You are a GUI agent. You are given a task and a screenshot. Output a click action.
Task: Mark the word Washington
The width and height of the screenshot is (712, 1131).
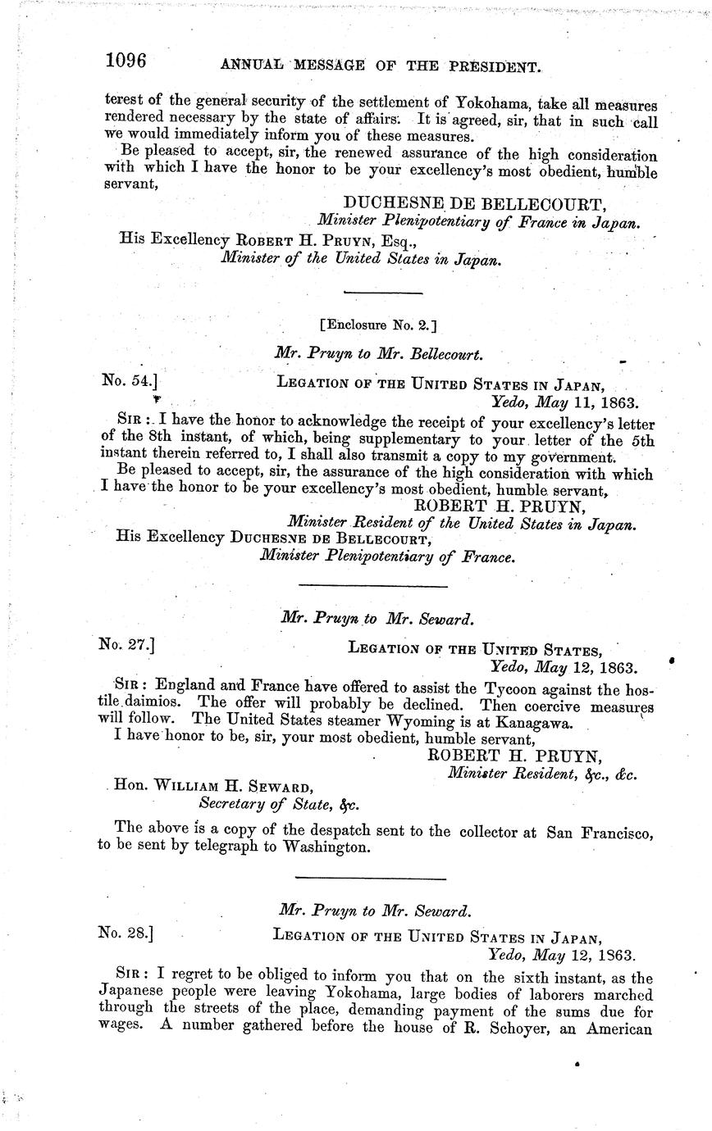point(327,848)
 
